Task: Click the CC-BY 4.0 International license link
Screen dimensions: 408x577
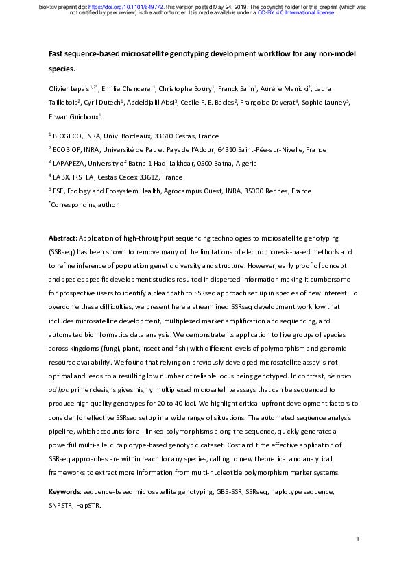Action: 296,12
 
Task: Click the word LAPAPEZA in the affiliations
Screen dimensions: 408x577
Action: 73,163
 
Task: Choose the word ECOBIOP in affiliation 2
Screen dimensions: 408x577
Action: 71,150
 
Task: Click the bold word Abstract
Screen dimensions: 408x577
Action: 62,238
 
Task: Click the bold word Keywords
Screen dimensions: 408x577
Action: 64,492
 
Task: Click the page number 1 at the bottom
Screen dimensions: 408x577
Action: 358,541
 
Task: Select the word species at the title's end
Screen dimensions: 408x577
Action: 62,69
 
